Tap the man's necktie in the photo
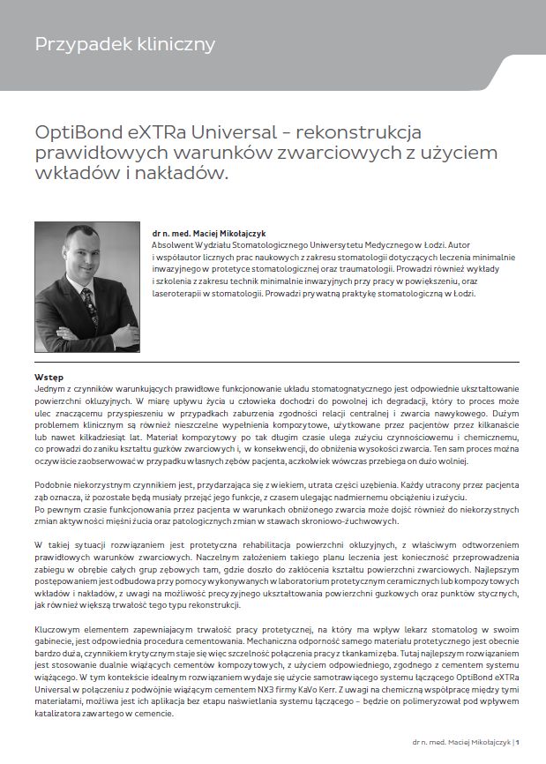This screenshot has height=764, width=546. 89,305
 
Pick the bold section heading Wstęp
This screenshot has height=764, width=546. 49,377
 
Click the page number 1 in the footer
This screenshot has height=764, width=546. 517,742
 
